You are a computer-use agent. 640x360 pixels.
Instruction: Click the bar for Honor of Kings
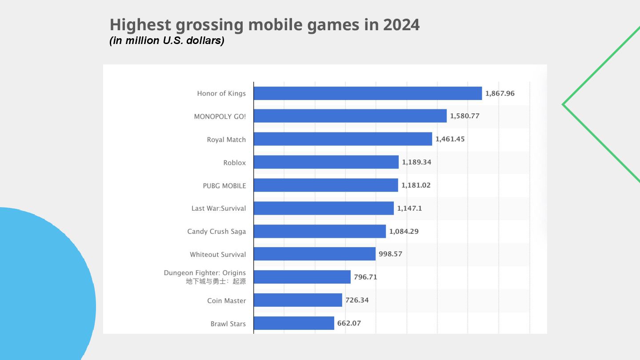368,93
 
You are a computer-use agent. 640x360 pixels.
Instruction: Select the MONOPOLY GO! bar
350,116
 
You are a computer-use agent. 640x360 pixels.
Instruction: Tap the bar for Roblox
326,162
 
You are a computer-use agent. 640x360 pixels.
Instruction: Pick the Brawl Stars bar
294,323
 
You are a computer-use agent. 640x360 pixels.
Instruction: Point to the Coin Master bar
298,300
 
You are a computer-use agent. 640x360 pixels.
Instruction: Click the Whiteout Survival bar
314,254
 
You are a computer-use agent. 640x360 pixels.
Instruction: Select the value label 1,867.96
500,93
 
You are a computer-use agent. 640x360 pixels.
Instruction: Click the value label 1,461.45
450,139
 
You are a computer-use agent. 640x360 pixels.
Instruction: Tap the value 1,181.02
416,185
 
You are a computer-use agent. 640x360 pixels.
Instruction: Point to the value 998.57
390,254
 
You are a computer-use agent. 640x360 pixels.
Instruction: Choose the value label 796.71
365,277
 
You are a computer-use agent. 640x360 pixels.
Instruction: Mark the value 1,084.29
404,231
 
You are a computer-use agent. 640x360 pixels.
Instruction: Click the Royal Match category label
226,140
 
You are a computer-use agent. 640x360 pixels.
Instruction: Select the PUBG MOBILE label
224,186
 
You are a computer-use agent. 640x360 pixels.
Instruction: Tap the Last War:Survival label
218,208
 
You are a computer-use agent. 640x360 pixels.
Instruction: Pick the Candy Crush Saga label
216,232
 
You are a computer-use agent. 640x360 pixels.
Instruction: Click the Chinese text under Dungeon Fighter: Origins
216,281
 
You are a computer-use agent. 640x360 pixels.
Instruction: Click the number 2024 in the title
401,25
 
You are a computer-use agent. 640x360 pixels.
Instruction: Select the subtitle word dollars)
206,40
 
